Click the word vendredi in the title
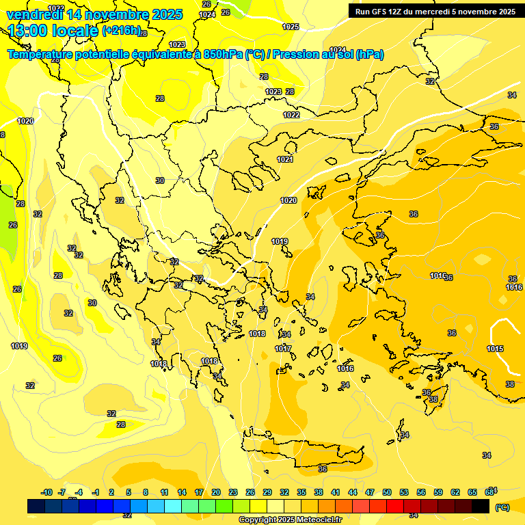tap(35, 14)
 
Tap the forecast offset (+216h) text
tap(121, 30)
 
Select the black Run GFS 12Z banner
tap(435, 11)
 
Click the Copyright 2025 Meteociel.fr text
tap(290, 520)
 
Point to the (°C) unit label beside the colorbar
tap(502, 507)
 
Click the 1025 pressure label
tap(291, 27)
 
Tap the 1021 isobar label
tap(285, 159)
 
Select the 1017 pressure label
tap(283, 349)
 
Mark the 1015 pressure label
tap(496, 349)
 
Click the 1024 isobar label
tap(207, 14)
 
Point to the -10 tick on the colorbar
tap(46, 492)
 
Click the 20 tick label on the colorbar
tap(216, 492)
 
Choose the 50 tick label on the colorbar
tap(387, 492)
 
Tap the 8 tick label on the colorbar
tap(146, 492)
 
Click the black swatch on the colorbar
tap(481, 506)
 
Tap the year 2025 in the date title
tap(163, 14)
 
